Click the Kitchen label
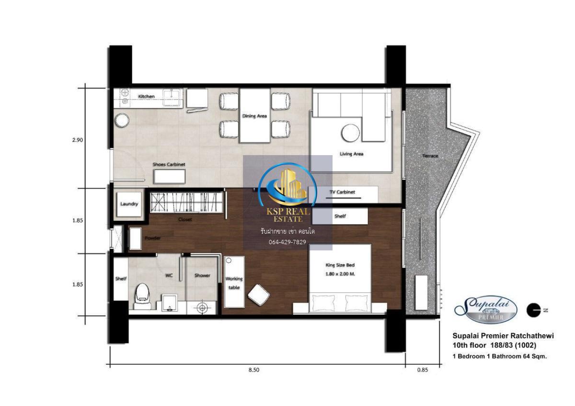click(x=146, y=96)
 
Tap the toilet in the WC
click(x=142, y=296)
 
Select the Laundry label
click(x=129, y=204)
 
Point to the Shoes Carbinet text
click(x=169, y=164)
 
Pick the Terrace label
click(x=430, y=156)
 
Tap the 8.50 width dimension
click(x=253, y=370)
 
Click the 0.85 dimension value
click(x=423, y=370)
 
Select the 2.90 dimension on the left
click(x=78, y=140)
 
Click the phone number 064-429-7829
click(x=287, y=242)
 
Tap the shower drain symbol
click(x=202, y=307)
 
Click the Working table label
click(x=234, y=283)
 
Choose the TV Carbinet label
click(x=342, y=192)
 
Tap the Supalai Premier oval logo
click(x=486, y=310)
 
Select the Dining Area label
click(x=254, y=116)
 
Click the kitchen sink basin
click(x=172, y=98)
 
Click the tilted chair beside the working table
click(x=258, y=295)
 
